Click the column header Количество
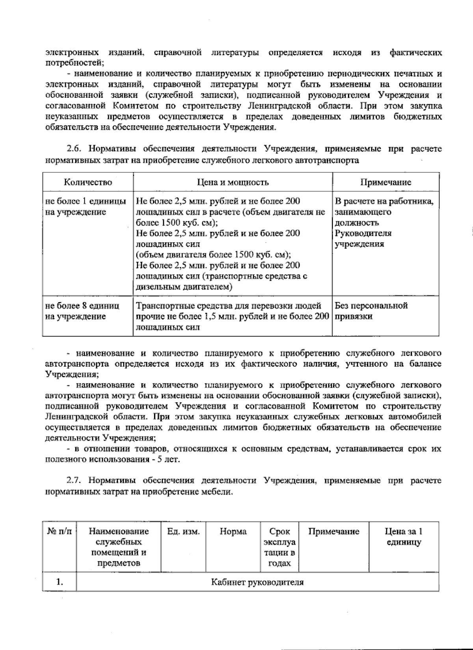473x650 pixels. (x=88, y=182)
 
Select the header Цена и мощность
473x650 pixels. (x=233, y=182)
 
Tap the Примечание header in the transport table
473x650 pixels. (x=385, y=182)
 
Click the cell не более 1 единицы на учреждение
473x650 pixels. (x=86, y=207)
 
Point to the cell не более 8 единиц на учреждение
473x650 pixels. (x=82, y=311)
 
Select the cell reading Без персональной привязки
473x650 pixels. (x=371, y=311)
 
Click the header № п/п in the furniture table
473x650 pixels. (x=60, y=532)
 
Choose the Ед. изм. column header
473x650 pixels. (x=183, y=532)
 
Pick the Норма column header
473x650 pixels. (x=233, y=532)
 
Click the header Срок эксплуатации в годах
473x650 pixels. (x=279, y=547)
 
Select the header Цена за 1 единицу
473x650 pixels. (x=404, y=537)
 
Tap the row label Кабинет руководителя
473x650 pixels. (x=257, y=582)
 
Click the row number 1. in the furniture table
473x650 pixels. (x=60, y=582)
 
